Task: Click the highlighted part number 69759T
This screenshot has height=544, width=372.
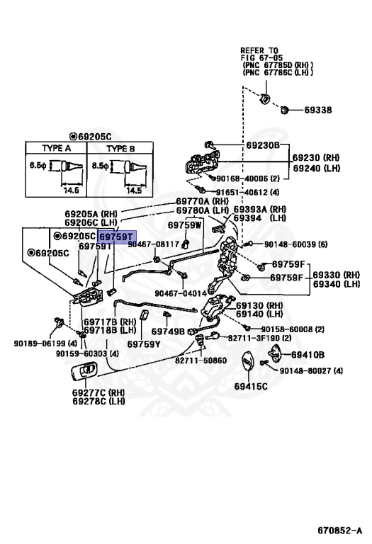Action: tap(116, 237)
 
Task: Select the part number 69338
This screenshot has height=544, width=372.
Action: tap(318, 110)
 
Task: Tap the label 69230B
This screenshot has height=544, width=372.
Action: tap(263, 145)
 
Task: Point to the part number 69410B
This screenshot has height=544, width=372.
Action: tap(308, 355)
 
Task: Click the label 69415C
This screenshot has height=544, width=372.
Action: tap(251, 386)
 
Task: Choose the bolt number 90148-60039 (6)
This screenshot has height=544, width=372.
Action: tap(295, 244)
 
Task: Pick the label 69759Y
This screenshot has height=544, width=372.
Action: tap(144, 344)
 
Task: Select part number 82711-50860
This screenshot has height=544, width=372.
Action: tap(201, 361)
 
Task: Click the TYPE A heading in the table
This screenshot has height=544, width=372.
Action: tap(56, 148)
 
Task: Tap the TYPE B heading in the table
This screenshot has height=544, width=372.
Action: tap(120, 149)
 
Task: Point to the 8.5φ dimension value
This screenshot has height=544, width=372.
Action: tap(101, 166)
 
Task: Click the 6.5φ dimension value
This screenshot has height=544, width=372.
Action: tap(38, 165)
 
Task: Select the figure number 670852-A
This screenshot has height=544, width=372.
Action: tap(339, 530)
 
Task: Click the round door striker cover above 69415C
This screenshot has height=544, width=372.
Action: tap(247, 363)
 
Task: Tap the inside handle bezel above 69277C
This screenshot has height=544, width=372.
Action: tap(84, 372)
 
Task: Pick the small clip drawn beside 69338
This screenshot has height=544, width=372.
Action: tap(285, 110)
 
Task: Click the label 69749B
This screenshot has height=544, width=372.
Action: tap(168, 331)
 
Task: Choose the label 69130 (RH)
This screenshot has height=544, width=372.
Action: tap(259, 306)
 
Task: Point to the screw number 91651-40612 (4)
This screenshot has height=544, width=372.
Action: tap(247, 192)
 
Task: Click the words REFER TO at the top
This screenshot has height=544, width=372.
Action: tap(259, 50)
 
